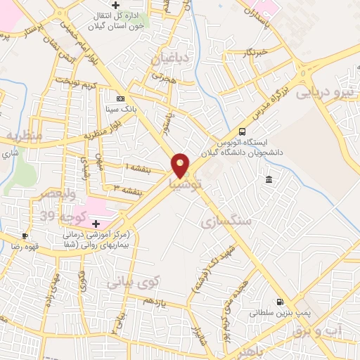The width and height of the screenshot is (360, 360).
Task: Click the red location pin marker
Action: [181, 165]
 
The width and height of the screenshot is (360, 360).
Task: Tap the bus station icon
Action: [243, 131]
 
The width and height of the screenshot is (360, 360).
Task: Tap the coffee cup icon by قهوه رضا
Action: [25, 236]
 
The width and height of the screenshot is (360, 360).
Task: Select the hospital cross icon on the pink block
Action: [96, 223]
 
